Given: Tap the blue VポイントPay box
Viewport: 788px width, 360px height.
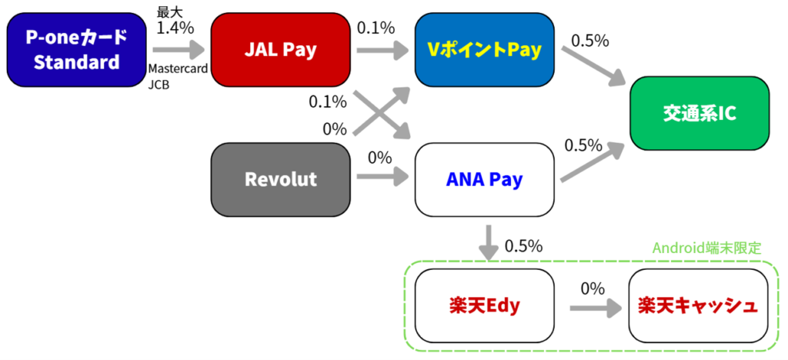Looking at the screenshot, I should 484,49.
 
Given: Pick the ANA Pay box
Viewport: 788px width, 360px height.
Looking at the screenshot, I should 484,179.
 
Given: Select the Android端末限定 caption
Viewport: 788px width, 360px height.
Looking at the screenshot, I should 706,248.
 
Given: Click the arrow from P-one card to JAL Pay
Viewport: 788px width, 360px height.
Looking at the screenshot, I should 178,49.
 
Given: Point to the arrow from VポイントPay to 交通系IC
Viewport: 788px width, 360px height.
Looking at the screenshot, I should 593,66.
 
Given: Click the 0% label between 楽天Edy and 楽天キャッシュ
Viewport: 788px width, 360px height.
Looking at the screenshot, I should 593,288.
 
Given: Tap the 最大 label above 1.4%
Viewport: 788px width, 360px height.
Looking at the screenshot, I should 169,11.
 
